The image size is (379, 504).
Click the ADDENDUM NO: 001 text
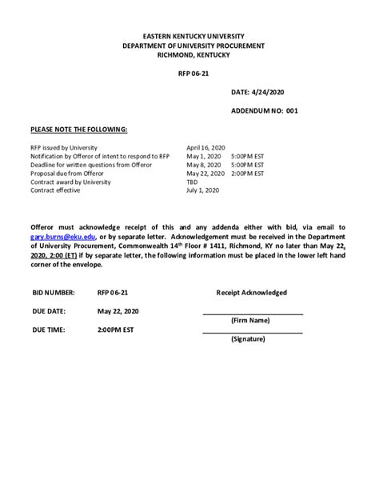pos(264,111)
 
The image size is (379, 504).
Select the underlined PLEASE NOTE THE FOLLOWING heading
pos(78,129)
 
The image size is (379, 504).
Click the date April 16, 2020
pos(206,148)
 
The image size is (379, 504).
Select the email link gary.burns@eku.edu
pos(61,238)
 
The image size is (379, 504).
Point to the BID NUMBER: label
pos(54,293)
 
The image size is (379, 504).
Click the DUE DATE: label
pos(49,311)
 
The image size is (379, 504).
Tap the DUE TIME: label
pos(49,330)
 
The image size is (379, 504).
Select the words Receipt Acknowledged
pos(251,293)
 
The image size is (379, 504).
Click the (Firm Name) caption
pos(250,320)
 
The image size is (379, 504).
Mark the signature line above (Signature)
pos(253,332)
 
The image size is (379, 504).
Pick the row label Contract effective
pos(56,190)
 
